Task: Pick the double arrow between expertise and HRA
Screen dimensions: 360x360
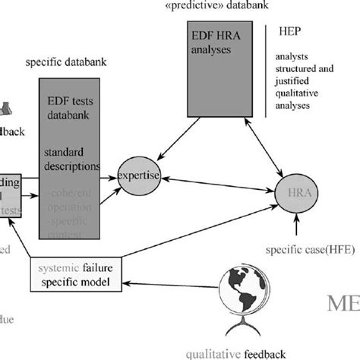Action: pos(220,187)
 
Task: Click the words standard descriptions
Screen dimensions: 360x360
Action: pos(74,159)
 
